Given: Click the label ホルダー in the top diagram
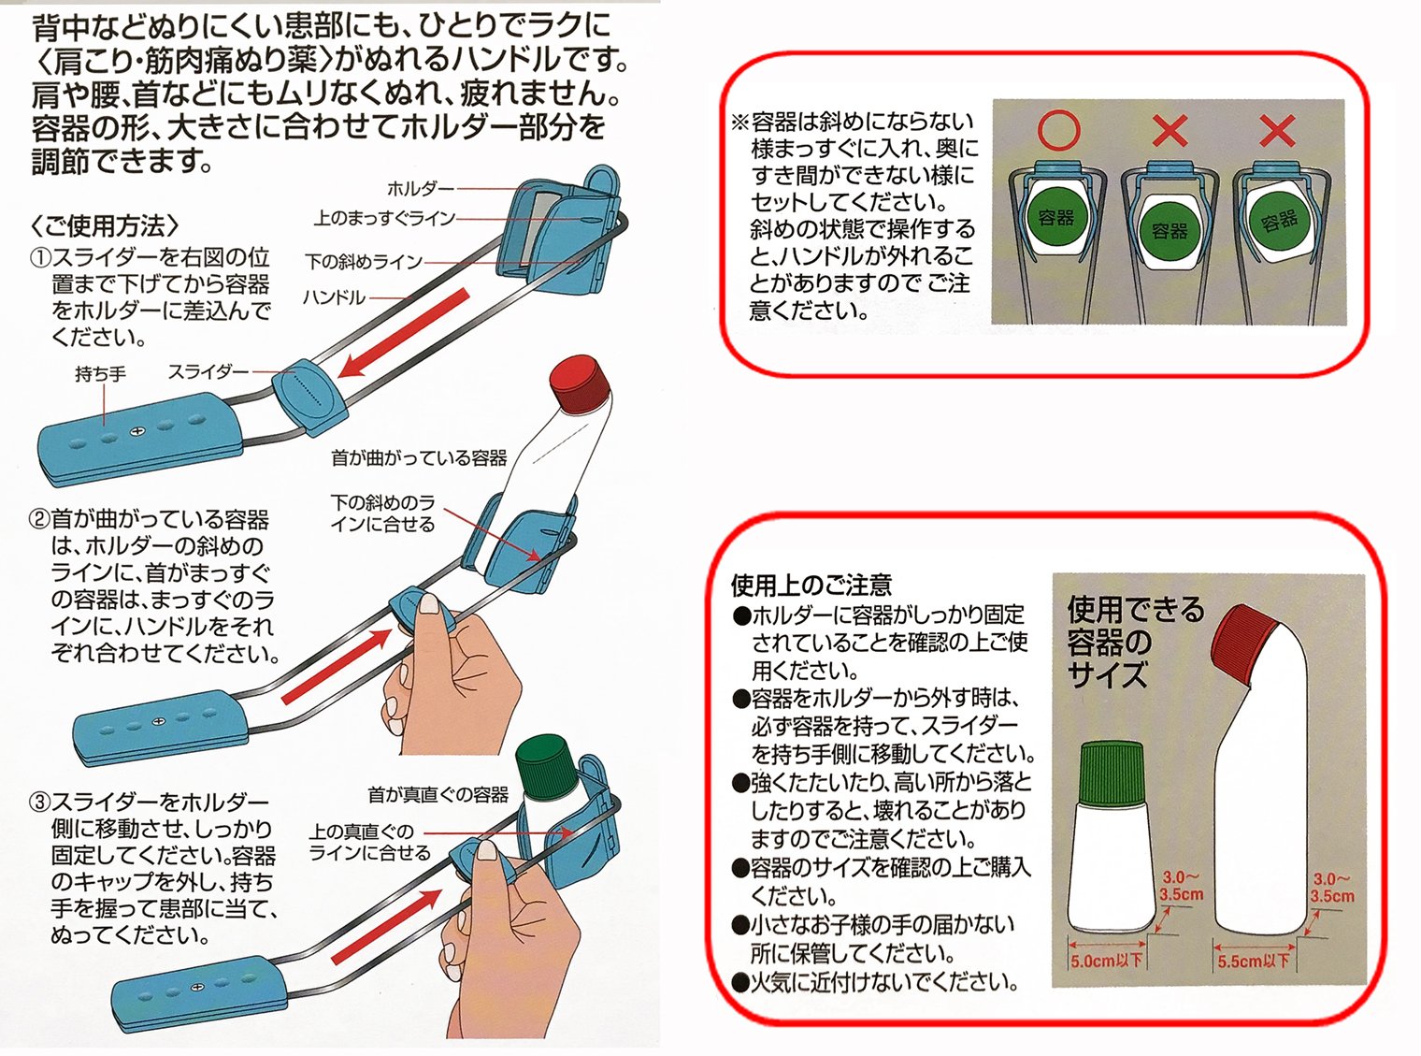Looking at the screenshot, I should point(420,188).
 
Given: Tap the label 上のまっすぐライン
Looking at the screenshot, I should point(384,219).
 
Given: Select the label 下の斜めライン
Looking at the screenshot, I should point(364,262).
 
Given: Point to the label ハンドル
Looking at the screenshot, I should point(334,298).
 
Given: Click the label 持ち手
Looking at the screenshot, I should point(100,374).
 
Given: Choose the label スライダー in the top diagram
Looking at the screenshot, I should point(208,371).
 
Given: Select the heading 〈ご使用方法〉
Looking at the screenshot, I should point(104,225).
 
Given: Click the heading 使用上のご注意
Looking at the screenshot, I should point(811,586).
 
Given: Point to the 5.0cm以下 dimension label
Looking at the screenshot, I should point(1107,961).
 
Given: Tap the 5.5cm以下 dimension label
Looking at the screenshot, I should point(1253,961).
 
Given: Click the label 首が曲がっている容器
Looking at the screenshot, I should point(419,458).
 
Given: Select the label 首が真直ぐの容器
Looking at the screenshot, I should point(438,795).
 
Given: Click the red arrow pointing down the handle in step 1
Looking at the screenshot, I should point(403,332).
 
